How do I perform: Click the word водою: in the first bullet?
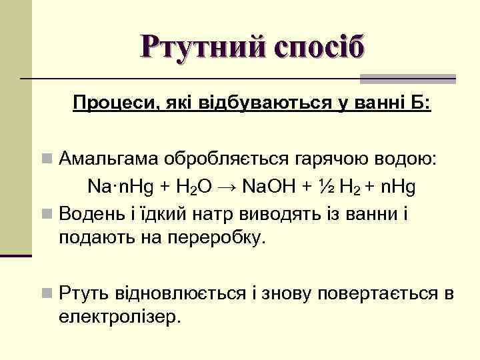click(404, 160)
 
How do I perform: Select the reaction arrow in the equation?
click(228, 187)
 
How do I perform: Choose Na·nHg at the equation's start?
click(121, 187)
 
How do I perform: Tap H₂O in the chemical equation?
click(194, 187)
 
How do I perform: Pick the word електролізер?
click(120, 315)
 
